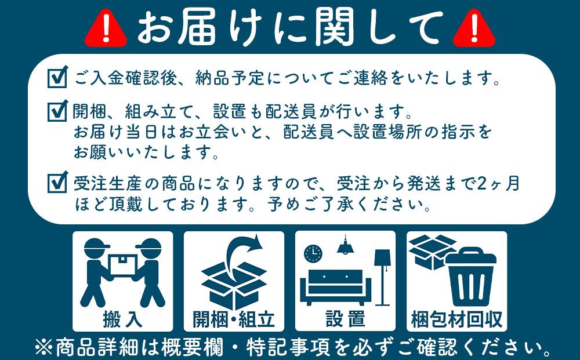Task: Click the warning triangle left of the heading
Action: tap(106, 28)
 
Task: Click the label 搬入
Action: tap(122, 318)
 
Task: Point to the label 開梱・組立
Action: tap(234, 318)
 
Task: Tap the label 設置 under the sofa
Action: tap(345, 318)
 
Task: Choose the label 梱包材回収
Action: tap(456, 318)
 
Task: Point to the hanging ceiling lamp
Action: tap(346, 246)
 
